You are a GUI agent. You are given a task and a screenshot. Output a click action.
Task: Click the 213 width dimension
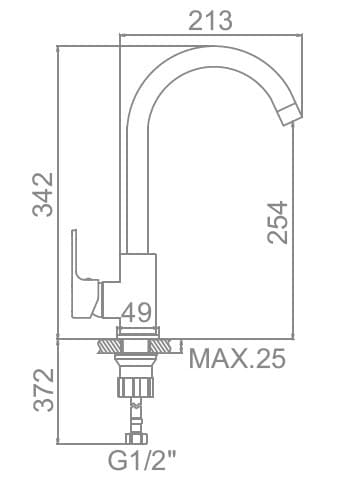[210, 21]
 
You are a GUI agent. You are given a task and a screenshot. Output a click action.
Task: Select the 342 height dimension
[42, 194]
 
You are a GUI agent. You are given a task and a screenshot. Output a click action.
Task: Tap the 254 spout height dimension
[277, 222]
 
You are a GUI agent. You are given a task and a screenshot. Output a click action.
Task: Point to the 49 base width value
[136, 312]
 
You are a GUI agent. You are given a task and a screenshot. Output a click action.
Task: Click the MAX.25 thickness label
[237, 358]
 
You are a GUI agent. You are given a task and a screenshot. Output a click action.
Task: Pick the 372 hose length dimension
[43, 389]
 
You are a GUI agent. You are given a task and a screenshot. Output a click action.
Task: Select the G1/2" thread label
[142, 460]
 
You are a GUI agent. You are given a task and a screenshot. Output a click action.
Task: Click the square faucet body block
[137, 286]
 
